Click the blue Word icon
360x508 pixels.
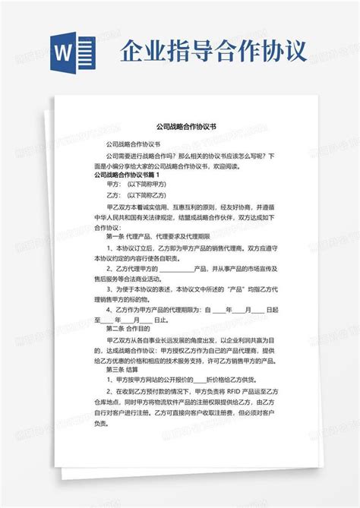click(x=77, y=54)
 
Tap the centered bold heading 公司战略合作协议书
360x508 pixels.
click(x=180, y=129)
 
